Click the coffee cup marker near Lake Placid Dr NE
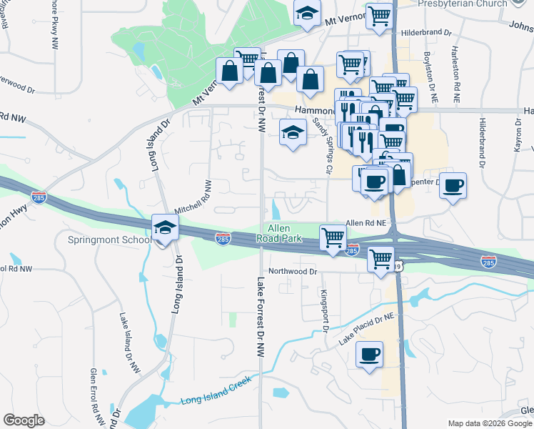click(x=369, y=355)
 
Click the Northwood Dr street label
click(x=292, y=272)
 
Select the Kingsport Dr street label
click(x=323, y=310)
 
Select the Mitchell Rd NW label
click(x=193, y=197)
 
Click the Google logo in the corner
click(x=24, y=420)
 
